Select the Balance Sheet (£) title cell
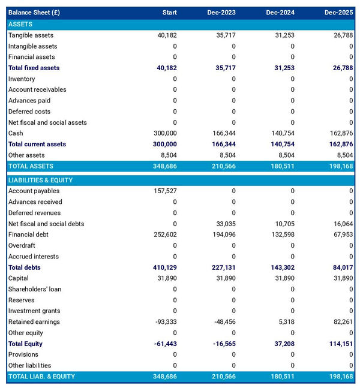pyautogui.click(x=34, y=13)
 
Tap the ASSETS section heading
pyautogui.click(x=20, y=24)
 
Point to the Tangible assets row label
pyautogui.click(x=31, y=35)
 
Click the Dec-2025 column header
pyautogui.click(x=338, y=13)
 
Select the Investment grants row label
pyautogui.click(x=34, y=311)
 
